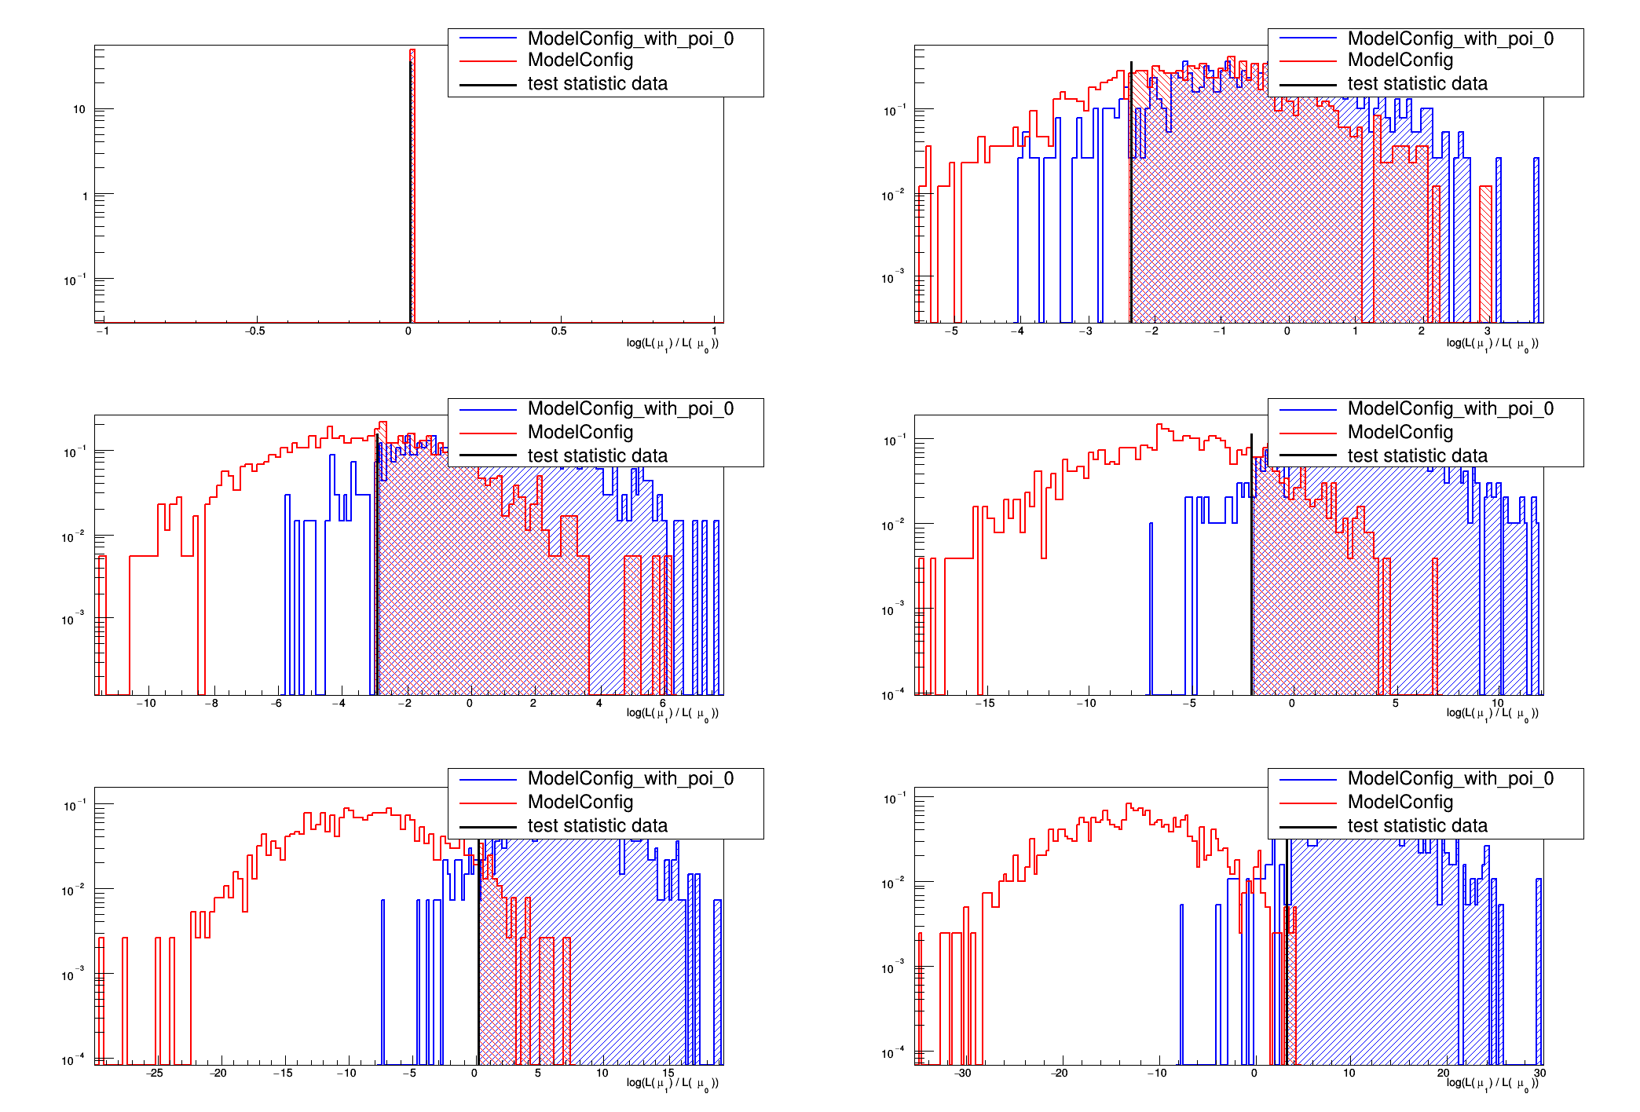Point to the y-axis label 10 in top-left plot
pyautogui.click(x=79, y=109)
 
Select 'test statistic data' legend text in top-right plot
pyautogui.click(x=1417, y=84)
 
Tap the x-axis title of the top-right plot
pyautogui.click(x=1492, y=343)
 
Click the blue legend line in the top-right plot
pyautogui.click(x=1308, y=38)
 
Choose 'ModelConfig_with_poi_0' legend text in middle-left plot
pyautogui.click(x=630, y=408)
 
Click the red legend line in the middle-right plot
pyautogui.click(x=1308, y=433)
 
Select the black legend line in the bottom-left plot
pyautogui.click(x=488, y=826)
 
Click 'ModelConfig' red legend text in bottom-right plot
pyautogui.click(x=1400, y=802)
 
